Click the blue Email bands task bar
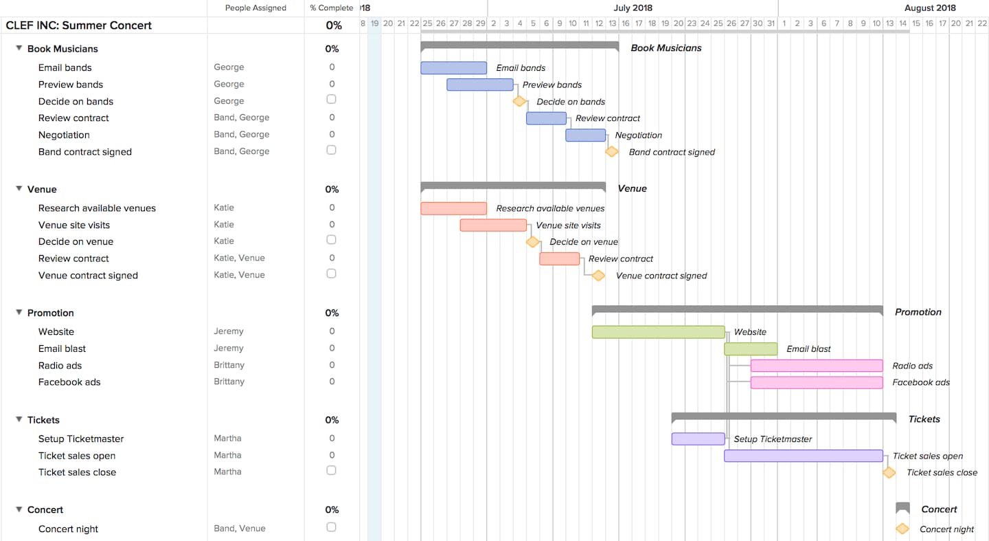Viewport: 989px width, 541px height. pyautogui.click(x=453, y=68)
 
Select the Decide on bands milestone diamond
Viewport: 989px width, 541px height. pyautogui.click(x=519, y=102)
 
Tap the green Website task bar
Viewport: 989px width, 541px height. pyautogui.click(x=658, y=332)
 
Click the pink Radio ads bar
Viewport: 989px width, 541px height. pyautogui.click(x=816, y=366)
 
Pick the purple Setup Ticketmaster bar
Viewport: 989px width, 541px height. pyautogui.click(x=698, y=439)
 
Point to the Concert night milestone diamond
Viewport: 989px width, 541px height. pyautogui.click(x=902, y=529)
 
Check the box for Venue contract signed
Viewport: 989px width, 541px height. pyautogui.click(x=331, y=274)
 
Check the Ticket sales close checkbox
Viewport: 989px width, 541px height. pyautogui.click(x=331, y=470)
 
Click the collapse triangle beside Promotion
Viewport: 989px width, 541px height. pyautogui.click(x=19, y=312)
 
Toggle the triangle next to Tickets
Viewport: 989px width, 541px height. pyautogui.click(x=19, y=419)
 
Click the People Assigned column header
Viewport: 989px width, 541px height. pyautogui.click(x=255, y=8)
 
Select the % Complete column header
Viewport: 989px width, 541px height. pyautogui.click(x=331, y=8)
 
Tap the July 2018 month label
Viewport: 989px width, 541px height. pyautogui.click(x=633, y=8)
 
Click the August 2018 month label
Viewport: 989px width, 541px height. pyautogui.click(x=930, y=8)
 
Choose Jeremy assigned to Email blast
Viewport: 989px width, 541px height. pyautogui.click(x=229, y=349)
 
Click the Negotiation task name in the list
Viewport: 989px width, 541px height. pyautogui.click(x=64, y=135)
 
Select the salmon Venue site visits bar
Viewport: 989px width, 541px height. pyautogui.click(x=493, y=225)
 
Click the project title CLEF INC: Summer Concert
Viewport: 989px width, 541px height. pyautogui.click(x=79, y=25)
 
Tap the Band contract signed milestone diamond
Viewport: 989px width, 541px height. pyautogui.click(x=611, y=152)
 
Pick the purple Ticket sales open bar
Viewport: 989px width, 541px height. pyautogui.click(x=803, y=456)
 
